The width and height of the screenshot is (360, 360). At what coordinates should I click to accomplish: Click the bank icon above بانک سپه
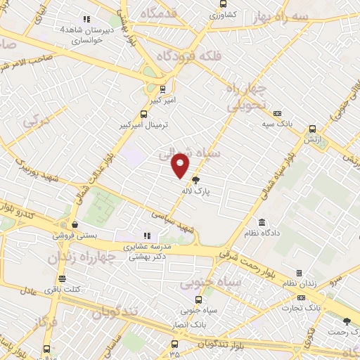coord(277,112)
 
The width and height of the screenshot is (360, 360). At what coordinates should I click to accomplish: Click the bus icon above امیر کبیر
coord(163,89)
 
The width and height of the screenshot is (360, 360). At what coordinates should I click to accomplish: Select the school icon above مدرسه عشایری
coord(146,236)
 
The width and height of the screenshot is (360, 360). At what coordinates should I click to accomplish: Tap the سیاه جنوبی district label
coord(210,283)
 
